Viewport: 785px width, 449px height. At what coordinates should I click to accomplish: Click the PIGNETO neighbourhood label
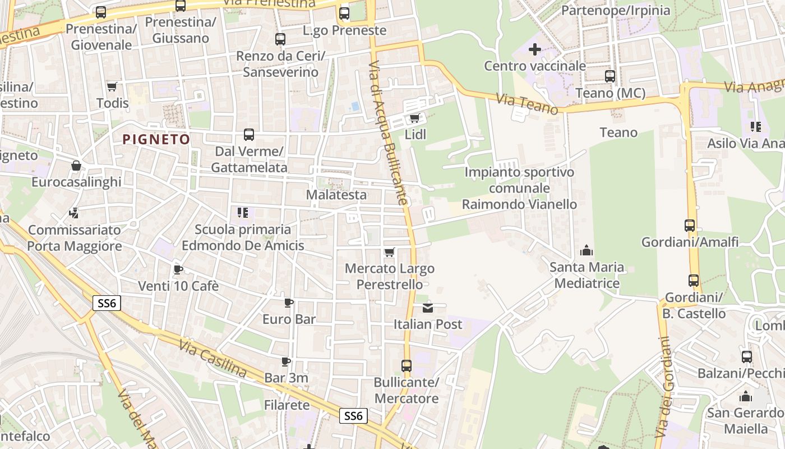click(156, 139)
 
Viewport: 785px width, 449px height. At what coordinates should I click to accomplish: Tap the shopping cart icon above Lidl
click(415, 118)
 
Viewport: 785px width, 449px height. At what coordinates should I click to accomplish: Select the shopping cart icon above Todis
click(112, 86)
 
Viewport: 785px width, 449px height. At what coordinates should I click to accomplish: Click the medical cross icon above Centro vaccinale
click(535, 49)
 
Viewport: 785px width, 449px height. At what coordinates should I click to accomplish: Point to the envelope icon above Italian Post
click(428, 307)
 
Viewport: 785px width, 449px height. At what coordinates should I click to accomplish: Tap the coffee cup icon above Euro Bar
click(289, 303)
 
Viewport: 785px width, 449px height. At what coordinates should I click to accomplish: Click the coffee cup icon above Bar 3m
click(286, 361)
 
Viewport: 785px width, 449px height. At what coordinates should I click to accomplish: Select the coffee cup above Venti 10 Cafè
click(178, 269)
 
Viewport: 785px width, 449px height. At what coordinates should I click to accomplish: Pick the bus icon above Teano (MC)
click(610, 76)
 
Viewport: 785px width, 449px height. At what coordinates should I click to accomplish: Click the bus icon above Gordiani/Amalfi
click(690, 226)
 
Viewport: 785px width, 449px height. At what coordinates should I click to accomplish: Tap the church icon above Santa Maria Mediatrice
click(587, 250)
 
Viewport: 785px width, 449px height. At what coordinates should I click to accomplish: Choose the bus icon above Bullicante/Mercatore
click(407, 366)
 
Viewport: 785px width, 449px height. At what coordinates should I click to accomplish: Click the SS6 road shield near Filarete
click(353, 416)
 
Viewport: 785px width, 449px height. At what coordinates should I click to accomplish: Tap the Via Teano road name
click(527, 104)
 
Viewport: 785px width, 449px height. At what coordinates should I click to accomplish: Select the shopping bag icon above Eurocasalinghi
click(76, 166)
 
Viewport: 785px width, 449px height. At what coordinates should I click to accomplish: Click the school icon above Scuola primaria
click(243, 213)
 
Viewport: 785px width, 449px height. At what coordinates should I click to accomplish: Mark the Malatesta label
click(336, 195)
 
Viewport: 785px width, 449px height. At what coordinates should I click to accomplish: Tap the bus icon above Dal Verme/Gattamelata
click(249, 135)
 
